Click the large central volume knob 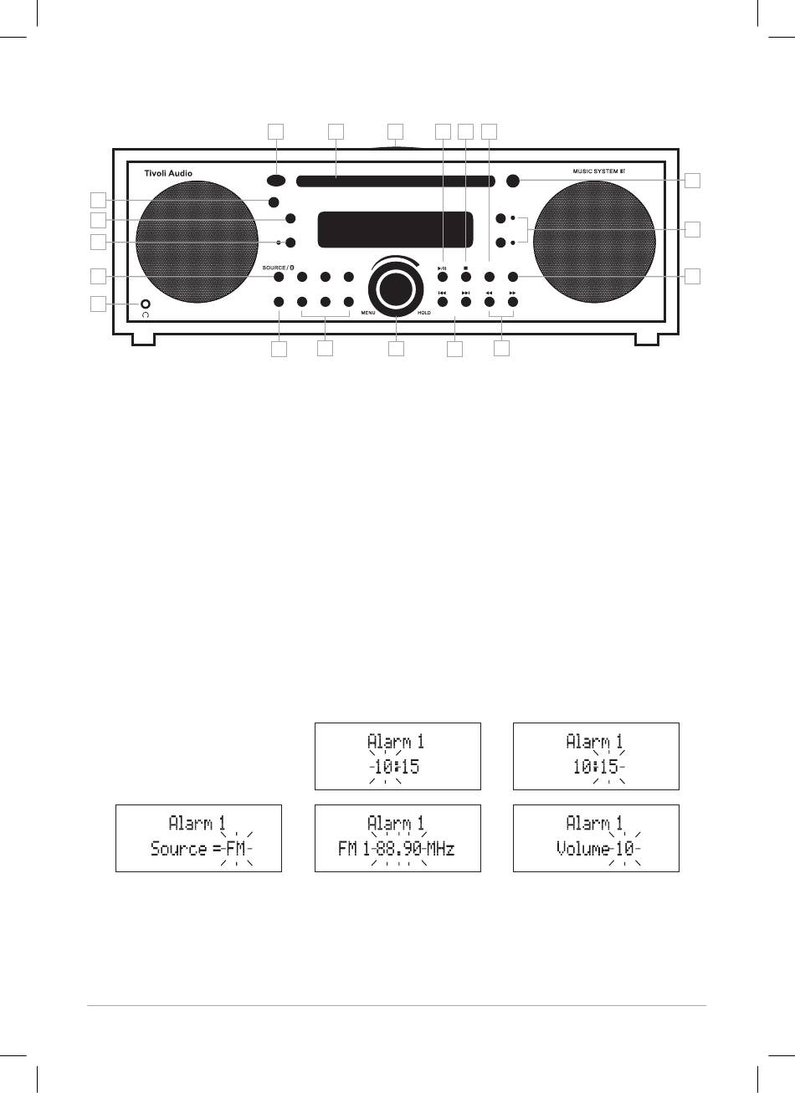[x=396, y=289]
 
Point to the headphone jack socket [x=146, y=304]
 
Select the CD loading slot [x=393, y=180]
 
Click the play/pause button [x=442, y=277]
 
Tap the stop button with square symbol [x=465, y=277]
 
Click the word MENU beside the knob [x=369, y=313]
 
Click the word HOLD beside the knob [x=423, y=313]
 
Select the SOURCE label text [x=274, y=268]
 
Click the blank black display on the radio [x=391, y=229]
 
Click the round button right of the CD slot [x=512, y=180]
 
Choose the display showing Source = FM [x=198, y=838]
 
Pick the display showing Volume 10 [x=596, y=838]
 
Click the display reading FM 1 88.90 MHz [x=397, y=838]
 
